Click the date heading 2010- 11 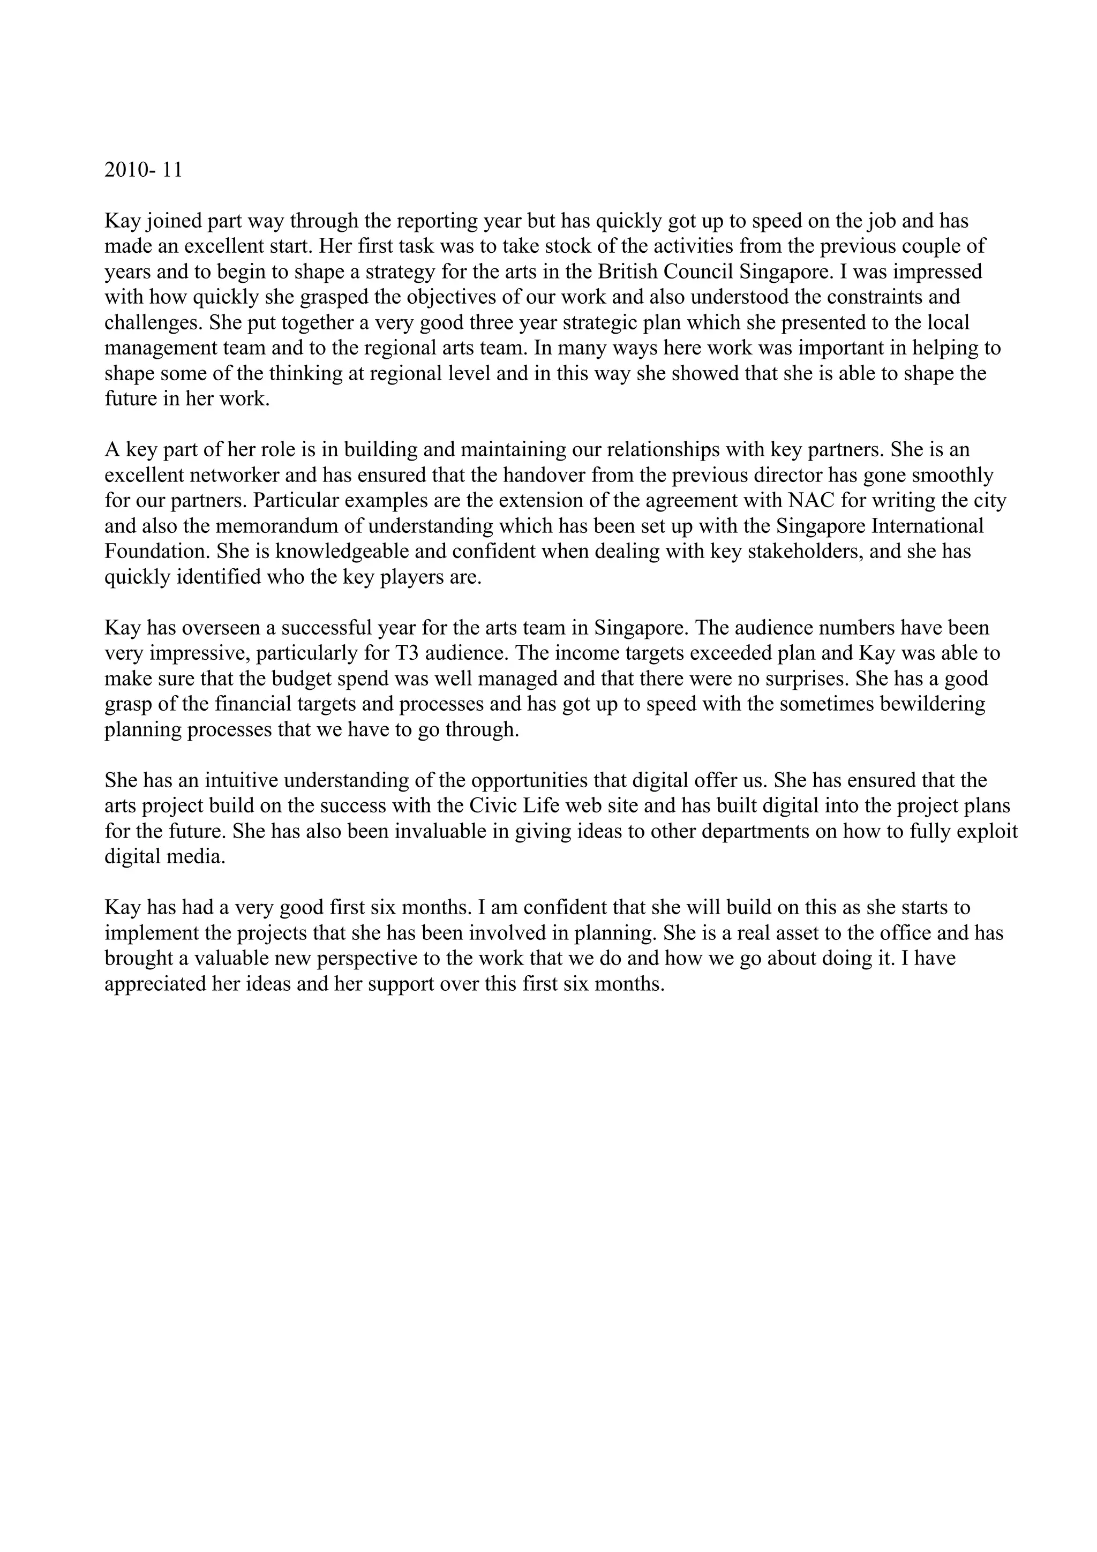pyautogui.click(x=144, y=170)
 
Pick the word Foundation pyautogui.click(x=157, y=552)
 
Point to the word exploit pyautogui.click(x=992, y=831)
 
